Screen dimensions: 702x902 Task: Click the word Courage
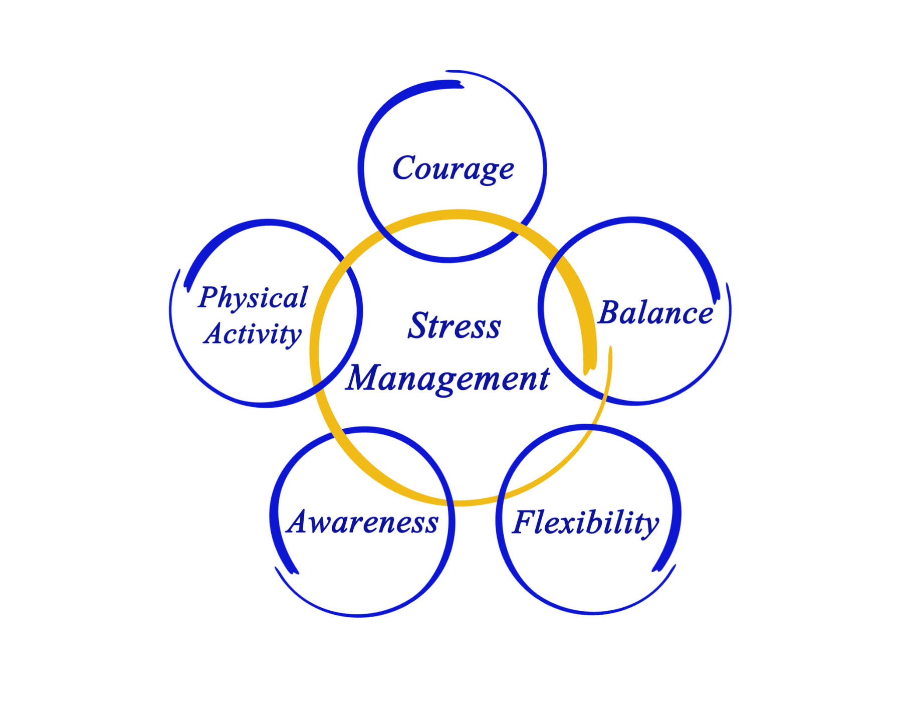(453, 168)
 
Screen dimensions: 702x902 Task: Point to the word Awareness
(363, 522)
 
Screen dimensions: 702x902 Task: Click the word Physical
(253, 298)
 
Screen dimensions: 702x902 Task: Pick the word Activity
(253, 334)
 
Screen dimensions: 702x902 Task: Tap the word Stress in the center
(454, 326)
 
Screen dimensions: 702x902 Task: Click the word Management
(448, 379)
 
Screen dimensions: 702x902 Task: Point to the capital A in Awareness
(302, 521)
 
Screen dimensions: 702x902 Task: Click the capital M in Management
(365, 377)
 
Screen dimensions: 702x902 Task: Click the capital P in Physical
(210, 296)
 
